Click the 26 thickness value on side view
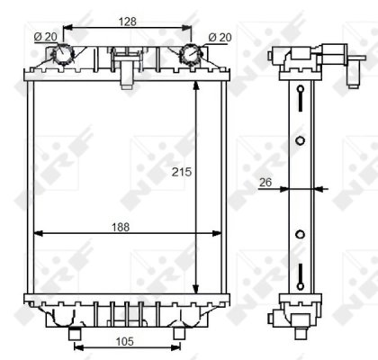[265, 182]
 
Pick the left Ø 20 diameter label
[44, 36]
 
